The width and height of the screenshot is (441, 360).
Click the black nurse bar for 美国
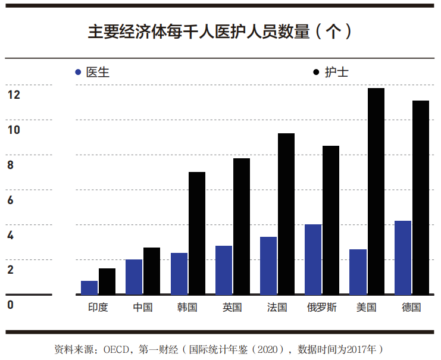[x=376, y=191]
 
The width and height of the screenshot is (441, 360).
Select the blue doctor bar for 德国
[x=403, y=258]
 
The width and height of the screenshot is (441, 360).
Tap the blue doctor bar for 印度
[x=89, y=287]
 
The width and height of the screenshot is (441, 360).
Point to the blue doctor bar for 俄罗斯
[x=313, y=259]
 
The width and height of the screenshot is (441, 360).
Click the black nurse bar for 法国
[x=286, y=214]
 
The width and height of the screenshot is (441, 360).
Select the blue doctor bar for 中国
[x=134, y=277]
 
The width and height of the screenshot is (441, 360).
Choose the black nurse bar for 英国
[x=242, y=226]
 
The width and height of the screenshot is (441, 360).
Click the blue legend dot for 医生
[x=78, y=73]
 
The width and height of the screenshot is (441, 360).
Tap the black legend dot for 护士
[x=316, y=73]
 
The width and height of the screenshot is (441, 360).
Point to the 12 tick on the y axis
[x=14, y=95]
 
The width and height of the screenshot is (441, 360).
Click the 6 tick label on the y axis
[x=10, y=200]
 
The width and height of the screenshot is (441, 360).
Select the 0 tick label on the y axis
[x=10, y=305]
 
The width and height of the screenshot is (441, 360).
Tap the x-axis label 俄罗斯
[x=322, y=308]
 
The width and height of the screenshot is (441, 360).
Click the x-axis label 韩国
[x=187, y=308]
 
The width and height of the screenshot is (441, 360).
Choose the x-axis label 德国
[x=411, y=308]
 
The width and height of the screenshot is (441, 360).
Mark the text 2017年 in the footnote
[x=356, y=348]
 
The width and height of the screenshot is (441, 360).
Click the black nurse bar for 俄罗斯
[x=331, y=220]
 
